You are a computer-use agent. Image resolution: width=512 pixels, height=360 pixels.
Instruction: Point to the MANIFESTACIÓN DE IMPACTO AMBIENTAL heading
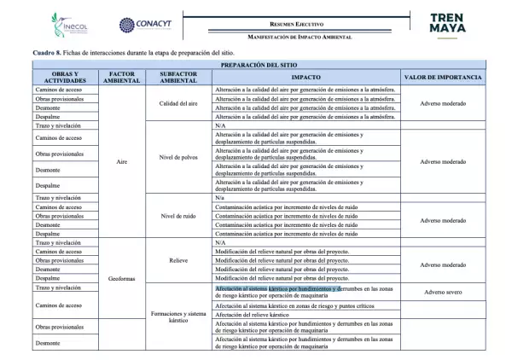pyautogui.click(x=300, y=37)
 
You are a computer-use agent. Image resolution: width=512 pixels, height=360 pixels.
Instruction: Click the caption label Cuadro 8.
pyautogui.click(x=47, y=53)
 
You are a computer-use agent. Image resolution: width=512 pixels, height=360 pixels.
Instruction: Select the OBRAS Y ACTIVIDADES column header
pyautogui.click(x=65, y=78)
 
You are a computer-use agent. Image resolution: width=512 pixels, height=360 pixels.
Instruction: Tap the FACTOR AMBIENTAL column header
pyautogui.click(x=122, y=78)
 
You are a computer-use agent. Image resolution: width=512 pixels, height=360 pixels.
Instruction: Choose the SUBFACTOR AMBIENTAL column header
pyautogui.click(x=178, y=78)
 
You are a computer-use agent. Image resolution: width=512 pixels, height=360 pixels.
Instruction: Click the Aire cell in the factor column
pyautogui.click(x=122, y=160)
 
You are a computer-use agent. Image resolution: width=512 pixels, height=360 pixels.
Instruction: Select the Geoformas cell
pyautogui.click(x=122, y=279)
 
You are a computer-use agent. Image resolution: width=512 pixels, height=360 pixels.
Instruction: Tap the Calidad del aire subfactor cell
pyautogui.click(x=178, y=103)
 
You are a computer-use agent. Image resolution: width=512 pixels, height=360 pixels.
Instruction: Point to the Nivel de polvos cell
pyautogui.click(x=178, y=160)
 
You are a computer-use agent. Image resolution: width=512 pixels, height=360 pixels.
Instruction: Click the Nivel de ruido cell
pyautogui.click(x=178, y=216)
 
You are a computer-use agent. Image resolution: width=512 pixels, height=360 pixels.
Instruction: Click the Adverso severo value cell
pyautogui.click(x=442, y=292)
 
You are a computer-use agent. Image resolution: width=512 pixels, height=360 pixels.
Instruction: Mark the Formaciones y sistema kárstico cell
pyautogui.click(x=178, y=317)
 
